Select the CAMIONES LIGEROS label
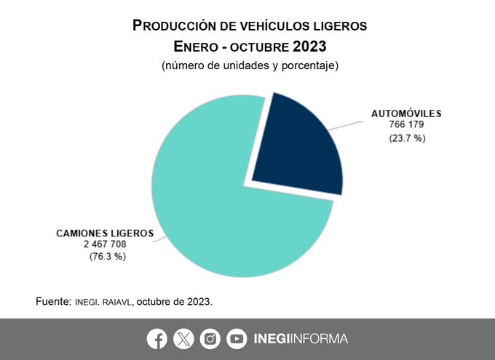pyautogui.click(x=105, y=233)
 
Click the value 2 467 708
pyautogui.click(x=105, y=244)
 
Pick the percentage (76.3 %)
pyautogui.click(x=105, y=257)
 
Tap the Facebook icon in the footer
pyautogui.click(x=157, y=339)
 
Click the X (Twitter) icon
pyautogui.click(x=183, y=339)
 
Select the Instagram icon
pyautogui.click(x=210, y=339)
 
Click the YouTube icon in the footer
pyautogui.click(x=237, y=339)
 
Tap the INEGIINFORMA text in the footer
pyautogui.click(x=301, y=339)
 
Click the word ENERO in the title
pyautogui.click(x=197, y=47)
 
